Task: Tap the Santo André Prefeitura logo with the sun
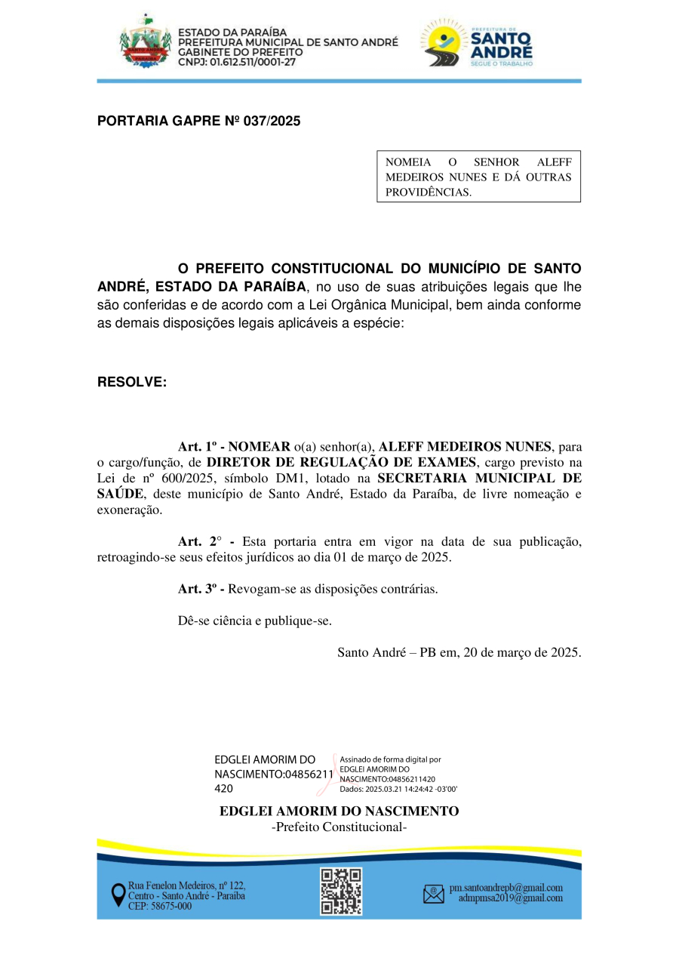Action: click(x=478, y=43)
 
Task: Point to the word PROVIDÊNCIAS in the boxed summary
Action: click(x=428, y=192)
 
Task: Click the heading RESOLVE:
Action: click(x=132, y=382)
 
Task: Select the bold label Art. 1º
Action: click(x=199, y=446)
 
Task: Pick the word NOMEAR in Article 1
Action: click(x=260, y=446)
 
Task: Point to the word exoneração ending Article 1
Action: click(x=129, y=510)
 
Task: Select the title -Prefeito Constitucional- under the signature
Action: click(x=339, y=827)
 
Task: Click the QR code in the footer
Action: click(x=341, y=892)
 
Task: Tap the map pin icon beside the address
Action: click(x=118, y=895)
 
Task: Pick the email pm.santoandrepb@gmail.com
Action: click(x=505, y=888)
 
